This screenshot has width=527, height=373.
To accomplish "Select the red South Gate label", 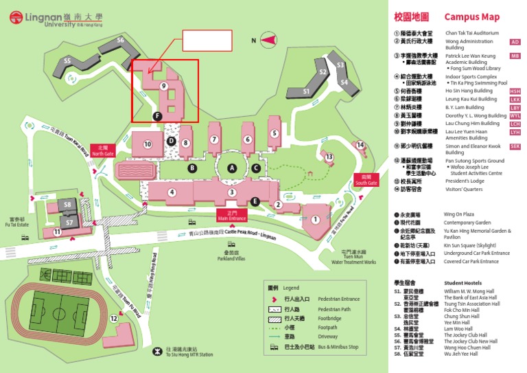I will [x=366, y=181].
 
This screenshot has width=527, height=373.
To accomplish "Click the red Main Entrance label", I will [x=232, y=215].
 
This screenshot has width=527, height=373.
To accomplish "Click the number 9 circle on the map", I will [x=163, y=86].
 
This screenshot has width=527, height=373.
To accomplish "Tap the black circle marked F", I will [x=158, y=117].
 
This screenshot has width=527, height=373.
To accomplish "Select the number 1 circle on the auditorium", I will [x=316, y=219].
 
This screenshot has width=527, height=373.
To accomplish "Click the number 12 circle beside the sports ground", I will [x=114, y=318].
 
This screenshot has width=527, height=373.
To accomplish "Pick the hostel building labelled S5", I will [x=67, y=61].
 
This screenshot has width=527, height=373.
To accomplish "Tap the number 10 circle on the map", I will [x=147, y=144].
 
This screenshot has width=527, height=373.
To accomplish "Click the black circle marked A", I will [x=232, y=168].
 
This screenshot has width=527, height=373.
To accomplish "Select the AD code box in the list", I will [x=515, y=42].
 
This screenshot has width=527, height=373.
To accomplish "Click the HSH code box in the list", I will [x=515, y=91].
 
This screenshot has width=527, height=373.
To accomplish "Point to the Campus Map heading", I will [x=472, y=17].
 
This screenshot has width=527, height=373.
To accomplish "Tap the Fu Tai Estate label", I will [x=18, y=222].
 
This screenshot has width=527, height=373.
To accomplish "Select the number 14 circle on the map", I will [x=360, y=144].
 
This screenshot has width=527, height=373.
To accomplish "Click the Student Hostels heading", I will [x=463, y=282].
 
